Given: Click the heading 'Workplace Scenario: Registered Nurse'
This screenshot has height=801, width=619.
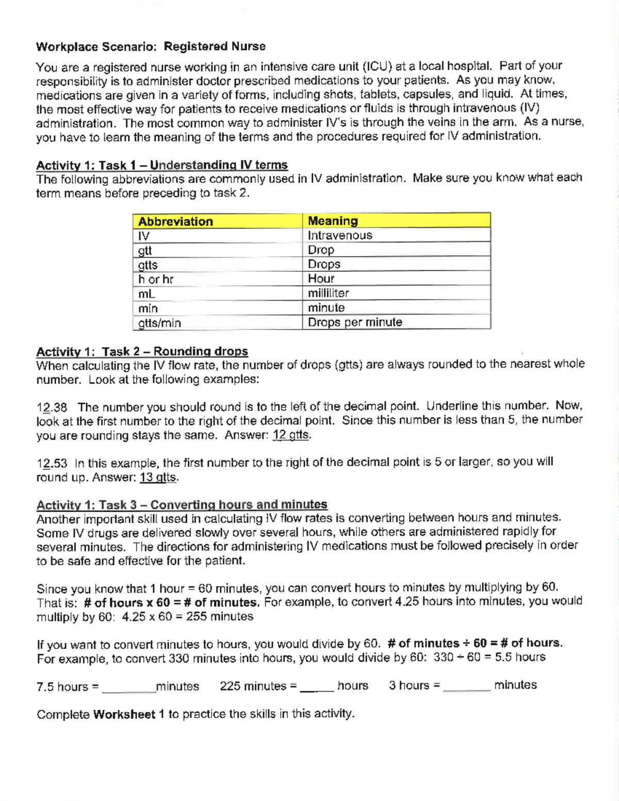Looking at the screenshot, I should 151,46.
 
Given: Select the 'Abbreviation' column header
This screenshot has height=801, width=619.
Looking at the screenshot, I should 175,221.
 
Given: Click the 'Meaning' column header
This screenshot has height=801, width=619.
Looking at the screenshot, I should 333,221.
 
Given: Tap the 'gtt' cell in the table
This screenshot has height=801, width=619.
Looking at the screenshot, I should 145,251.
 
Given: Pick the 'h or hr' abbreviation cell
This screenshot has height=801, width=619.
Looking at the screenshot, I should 155,280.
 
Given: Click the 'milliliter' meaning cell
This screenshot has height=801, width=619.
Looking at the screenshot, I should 328,293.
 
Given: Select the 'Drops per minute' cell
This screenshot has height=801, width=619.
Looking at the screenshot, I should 355,322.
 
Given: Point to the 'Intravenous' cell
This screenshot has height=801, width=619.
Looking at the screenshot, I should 340,235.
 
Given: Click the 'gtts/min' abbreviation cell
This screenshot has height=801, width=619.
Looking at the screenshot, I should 159,323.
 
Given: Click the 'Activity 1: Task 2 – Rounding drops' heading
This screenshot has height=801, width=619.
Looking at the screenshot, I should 142,351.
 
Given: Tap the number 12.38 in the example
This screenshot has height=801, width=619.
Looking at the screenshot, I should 52,407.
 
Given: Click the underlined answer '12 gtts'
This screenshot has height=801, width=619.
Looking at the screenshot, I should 291,435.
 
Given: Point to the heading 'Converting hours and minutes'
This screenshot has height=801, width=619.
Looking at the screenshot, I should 239,504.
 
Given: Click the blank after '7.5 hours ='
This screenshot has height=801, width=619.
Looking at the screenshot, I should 128,687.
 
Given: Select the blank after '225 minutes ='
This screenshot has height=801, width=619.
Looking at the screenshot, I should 317,686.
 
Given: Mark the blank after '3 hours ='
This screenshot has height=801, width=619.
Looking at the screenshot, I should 466,685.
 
